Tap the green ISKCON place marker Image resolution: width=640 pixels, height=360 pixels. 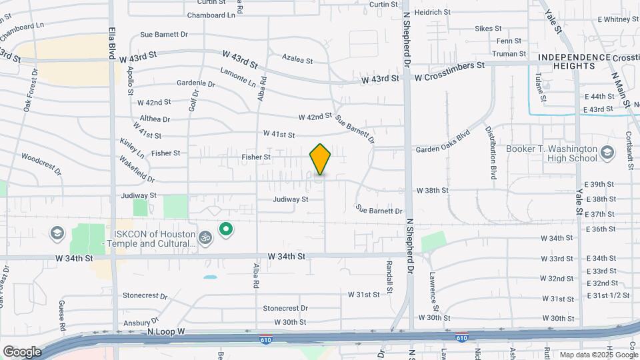[226, 231]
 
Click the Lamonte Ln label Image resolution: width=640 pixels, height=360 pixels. [237, 77]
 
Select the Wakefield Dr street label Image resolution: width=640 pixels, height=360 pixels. [137, 169]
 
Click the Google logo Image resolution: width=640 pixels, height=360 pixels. [22, 351]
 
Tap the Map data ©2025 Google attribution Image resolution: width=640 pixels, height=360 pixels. [598, 355]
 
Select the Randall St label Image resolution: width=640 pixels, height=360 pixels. [389, 279]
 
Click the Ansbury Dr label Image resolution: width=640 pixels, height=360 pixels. [141, 321]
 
